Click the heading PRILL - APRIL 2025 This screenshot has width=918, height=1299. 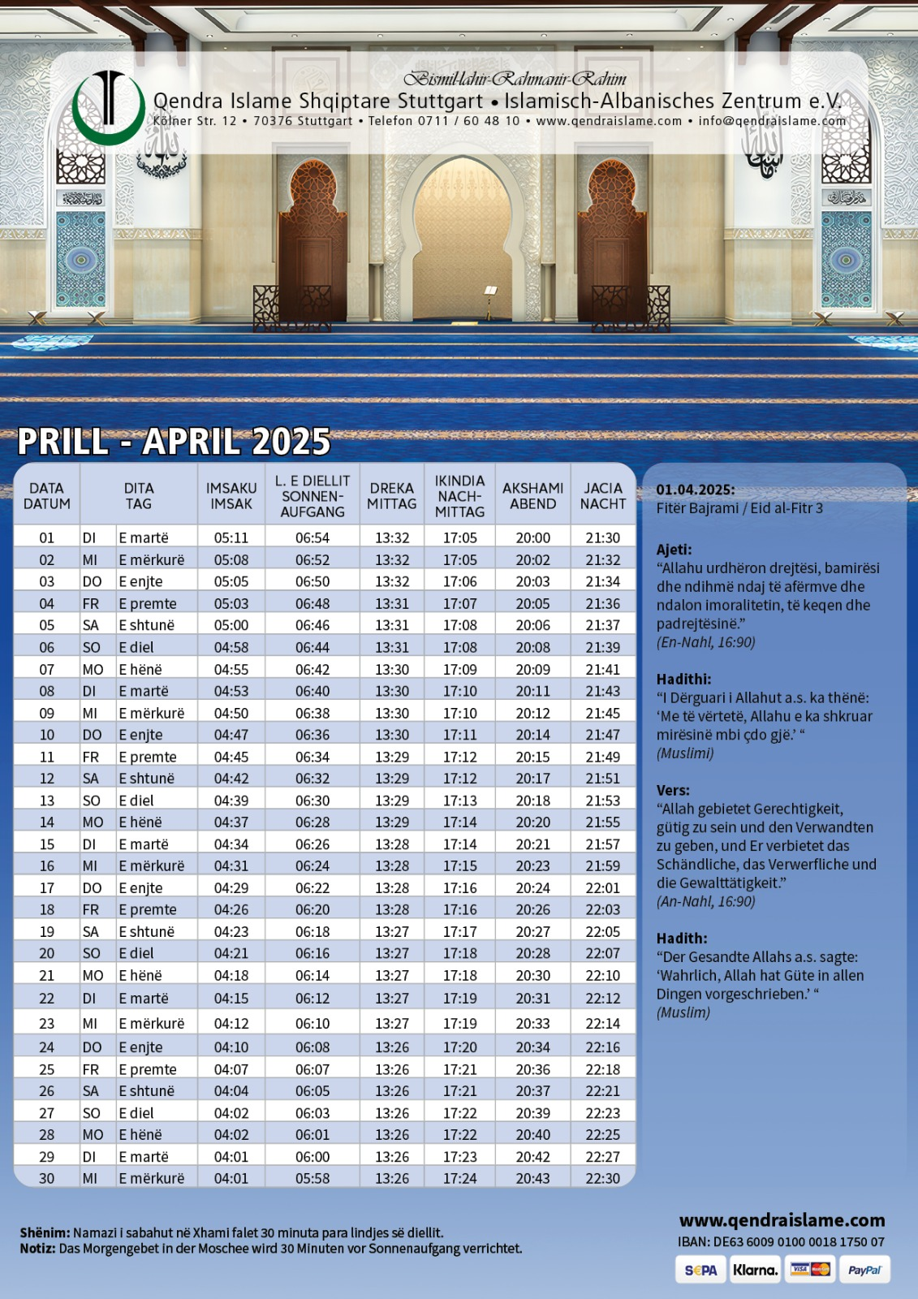point(174,442)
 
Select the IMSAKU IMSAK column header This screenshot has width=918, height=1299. point(231,496)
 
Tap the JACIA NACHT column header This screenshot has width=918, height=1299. point(602,496)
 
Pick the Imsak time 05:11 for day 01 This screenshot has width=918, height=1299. point(231,537)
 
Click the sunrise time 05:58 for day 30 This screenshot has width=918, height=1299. point(312,1178)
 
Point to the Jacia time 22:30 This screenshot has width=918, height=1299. point(602,1178)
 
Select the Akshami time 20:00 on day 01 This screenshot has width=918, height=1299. point(532,537)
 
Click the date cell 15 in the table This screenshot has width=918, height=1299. point(47,844)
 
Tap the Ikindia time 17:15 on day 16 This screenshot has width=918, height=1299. point(459,866)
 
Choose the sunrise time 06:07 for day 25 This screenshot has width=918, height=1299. point(312,1069)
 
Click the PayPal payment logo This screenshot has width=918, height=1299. point(864,1271)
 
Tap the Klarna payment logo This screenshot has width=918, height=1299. point(755,1271)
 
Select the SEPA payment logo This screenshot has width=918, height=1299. point(700,1271)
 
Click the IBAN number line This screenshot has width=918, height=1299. point(781,1242)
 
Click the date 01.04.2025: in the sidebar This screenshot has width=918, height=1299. point(696,490)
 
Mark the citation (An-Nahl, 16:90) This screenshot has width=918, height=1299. point(705,901)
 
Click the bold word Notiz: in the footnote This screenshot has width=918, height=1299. point(37,1249)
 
